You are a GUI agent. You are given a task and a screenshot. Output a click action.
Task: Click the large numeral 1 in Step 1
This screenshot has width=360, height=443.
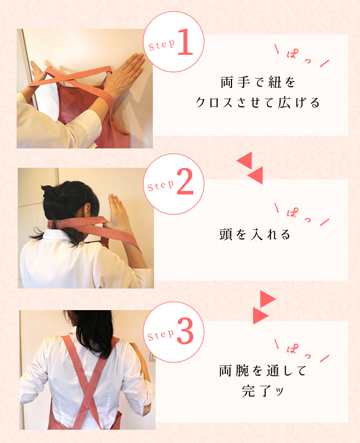click(x=185, y=42)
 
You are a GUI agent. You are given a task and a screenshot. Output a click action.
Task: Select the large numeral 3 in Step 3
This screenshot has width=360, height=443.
click(x=186, y=331)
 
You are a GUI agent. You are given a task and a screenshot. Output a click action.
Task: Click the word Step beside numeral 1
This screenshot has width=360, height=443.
click(x=162, y=45)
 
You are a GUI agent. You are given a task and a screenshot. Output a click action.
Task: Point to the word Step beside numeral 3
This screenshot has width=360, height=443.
click(x=161, y=335)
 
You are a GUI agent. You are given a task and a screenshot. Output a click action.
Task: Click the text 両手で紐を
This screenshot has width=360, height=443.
click(x=258, y=83)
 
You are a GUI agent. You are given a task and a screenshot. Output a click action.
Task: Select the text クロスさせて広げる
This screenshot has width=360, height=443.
click(x=258, y=102)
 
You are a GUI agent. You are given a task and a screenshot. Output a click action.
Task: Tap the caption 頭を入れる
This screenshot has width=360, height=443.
click(x=255, y=234)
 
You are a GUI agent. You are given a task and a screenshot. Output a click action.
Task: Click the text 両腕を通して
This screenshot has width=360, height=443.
click(x=263, y=371)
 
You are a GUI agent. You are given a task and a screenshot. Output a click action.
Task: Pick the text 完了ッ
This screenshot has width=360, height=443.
click(x=263, y=391)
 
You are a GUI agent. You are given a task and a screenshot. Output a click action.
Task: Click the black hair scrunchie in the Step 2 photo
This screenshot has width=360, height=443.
click(x=52, y=191)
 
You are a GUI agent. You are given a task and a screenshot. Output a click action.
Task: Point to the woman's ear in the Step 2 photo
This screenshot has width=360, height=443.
click(x=88, y=209)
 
